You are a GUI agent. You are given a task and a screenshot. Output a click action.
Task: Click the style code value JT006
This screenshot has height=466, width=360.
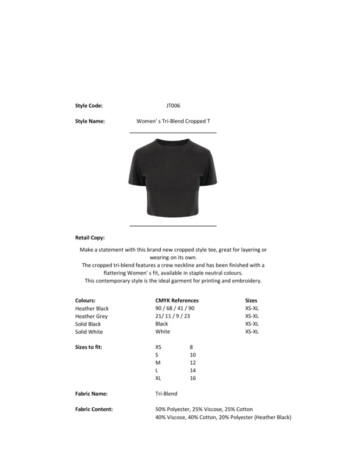tap(173, 106)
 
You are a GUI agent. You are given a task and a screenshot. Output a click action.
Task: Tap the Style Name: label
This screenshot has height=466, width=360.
tap(90, 121)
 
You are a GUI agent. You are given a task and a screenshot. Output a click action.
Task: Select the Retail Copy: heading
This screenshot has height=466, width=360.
tap(90, 238)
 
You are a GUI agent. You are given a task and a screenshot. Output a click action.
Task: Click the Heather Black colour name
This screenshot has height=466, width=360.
tap(92, 309)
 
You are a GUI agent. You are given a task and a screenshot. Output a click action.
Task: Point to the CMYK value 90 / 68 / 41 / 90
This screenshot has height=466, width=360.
tap(175, 309)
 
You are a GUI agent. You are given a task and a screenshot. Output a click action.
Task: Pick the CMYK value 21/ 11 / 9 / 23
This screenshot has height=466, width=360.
tap(172, 316)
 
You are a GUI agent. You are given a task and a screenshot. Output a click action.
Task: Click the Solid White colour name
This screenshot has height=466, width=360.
tap(89, 332)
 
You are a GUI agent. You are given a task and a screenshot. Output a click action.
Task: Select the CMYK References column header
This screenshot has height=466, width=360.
tap(177, 301)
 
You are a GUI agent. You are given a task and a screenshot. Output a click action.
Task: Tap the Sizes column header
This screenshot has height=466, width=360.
tap(251, 301)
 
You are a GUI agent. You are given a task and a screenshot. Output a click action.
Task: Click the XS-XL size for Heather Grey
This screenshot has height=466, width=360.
tap(252, 316)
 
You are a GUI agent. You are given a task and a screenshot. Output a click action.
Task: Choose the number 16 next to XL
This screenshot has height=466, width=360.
tap(193, 378)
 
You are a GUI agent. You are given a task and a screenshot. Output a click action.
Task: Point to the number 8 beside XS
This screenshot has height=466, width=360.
tap(192, 347)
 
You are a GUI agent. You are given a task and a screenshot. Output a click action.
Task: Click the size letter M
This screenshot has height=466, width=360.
tap(157, 363)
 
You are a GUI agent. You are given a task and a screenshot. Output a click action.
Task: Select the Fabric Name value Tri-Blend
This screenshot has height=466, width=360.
tap(166, 394)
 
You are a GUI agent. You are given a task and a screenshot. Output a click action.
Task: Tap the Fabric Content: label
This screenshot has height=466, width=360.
tap(94, 409)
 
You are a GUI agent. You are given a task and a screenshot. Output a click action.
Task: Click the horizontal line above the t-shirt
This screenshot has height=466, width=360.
tap(172, 133)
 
